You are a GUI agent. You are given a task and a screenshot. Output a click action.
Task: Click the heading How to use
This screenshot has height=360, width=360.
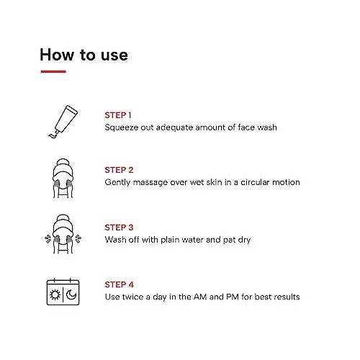pyautogui.click(x=84, y=55)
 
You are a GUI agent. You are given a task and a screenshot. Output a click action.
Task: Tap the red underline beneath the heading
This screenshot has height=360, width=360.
pyautogui.click(x=53, y=71)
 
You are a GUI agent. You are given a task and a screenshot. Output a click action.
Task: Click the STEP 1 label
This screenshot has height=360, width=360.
pyautogui.click(x=118, y=115)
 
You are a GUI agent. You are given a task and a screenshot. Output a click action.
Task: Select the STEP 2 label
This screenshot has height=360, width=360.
pyautogui.click(x=119, y=170)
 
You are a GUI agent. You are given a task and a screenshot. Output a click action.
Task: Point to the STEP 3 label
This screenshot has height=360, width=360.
pyautogui.click(x=119, y=228)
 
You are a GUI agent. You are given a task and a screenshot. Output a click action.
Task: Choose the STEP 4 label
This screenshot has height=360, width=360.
pyautogui.click(x=119, y=284)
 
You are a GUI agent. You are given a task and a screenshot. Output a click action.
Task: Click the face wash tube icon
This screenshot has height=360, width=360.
pyautogui.click(x=63, y=122)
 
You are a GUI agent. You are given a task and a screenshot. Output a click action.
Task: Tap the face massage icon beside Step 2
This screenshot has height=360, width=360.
pyautogui.click(x=63, y=179)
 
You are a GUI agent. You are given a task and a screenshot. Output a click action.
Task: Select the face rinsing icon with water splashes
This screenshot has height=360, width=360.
pyautogui.click(x=63, y=234)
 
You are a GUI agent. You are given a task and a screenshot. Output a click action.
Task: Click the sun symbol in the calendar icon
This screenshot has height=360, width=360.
pyautogui.click(x=55, y=294)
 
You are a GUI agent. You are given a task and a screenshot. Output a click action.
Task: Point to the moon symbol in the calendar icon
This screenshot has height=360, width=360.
pyautogui.click(x=71, y=294)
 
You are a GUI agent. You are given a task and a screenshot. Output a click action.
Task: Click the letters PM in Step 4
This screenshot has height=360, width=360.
pyautogui.click(x=233, y=297)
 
